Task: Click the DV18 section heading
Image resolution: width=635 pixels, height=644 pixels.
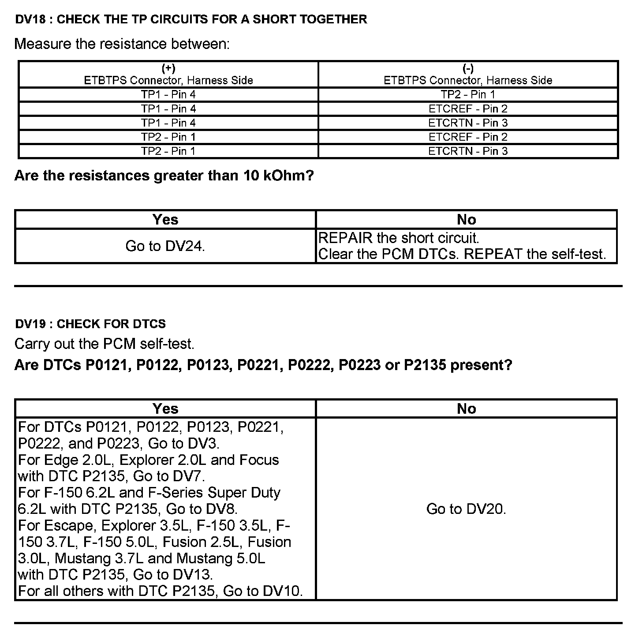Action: [190, 19]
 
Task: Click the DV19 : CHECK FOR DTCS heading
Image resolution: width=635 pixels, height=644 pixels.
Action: [90, 324]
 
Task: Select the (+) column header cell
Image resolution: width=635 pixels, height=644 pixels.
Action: [168, 75]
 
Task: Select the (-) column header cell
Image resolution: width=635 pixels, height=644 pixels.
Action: [468, 75]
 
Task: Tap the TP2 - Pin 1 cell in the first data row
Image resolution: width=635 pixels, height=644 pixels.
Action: [468, 94]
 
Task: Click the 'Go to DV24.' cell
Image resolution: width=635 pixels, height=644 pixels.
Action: [165, 246]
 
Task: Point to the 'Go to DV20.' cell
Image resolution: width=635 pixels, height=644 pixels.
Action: [466, 509]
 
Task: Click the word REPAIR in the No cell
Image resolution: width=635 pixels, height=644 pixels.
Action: [345, 238]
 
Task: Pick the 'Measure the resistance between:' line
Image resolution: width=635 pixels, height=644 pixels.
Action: [122, 44]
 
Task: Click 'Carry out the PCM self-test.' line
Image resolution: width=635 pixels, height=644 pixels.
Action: [105, 344]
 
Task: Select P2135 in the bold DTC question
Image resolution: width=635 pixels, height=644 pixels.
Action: [425, 365]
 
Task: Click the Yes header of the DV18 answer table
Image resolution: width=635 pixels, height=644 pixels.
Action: [165, 220]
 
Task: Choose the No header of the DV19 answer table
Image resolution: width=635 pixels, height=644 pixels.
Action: [466, 409]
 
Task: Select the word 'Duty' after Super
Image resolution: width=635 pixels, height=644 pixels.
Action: [265, 493]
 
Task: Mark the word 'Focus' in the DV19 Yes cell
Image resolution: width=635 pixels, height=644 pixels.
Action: [259, 460]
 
